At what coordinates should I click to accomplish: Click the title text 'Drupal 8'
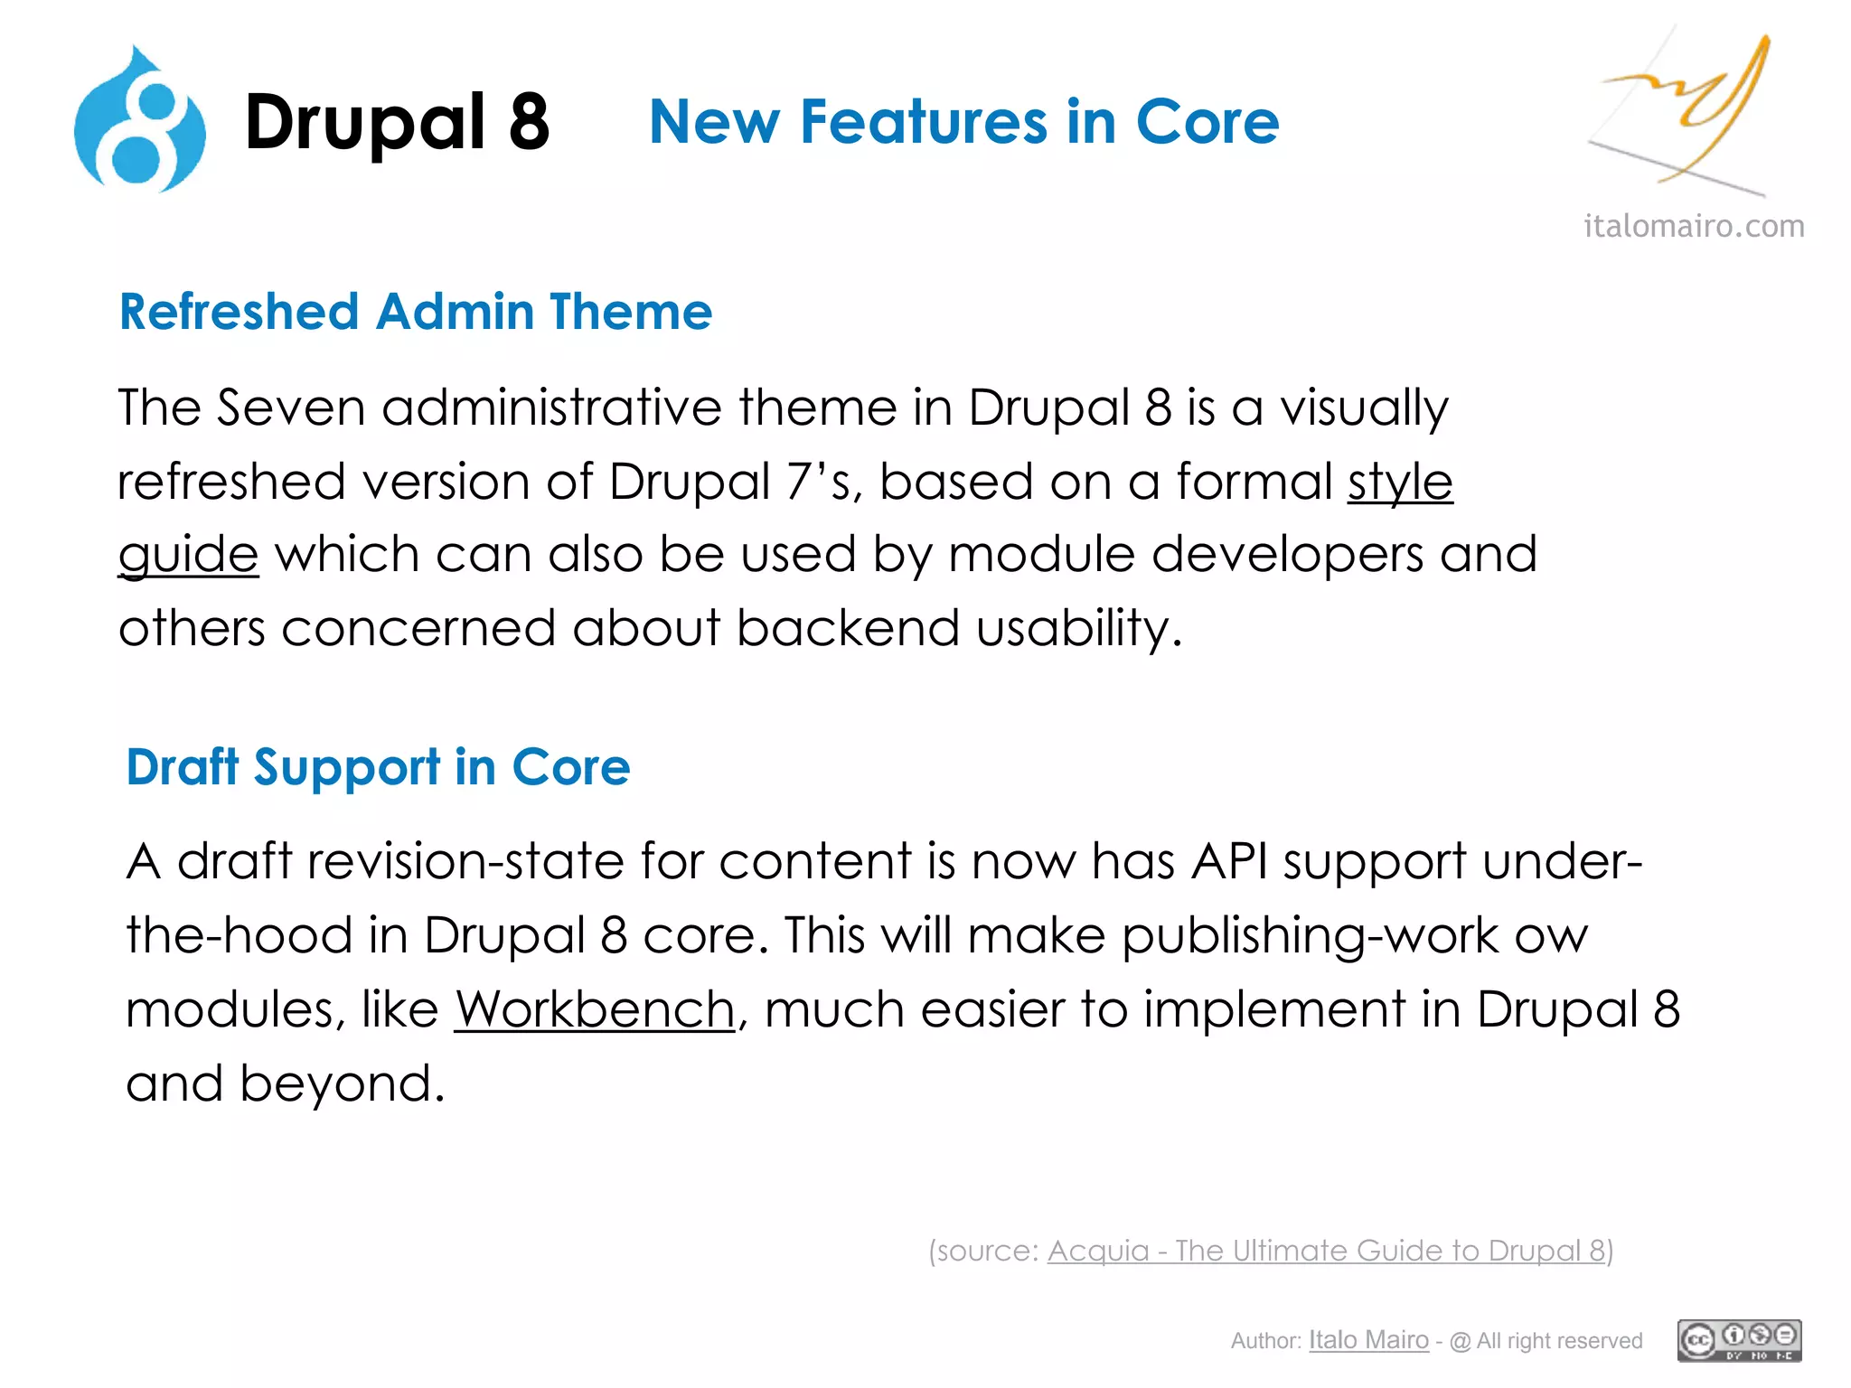397,122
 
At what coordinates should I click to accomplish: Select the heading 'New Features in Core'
963,122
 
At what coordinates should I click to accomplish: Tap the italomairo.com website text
1694,226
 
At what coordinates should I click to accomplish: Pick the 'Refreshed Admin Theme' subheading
416,312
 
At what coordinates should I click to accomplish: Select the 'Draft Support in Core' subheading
378,767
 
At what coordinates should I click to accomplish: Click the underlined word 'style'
1400,481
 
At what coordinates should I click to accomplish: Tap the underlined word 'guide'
188,555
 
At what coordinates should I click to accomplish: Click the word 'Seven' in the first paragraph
290,408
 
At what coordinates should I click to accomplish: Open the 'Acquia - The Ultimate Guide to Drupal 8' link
1326,1251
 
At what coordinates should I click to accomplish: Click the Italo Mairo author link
1368,1340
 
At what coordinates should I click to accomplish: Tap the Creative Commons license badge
1739,1340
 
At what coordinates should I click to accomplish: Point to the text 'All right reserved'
1559,1341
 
